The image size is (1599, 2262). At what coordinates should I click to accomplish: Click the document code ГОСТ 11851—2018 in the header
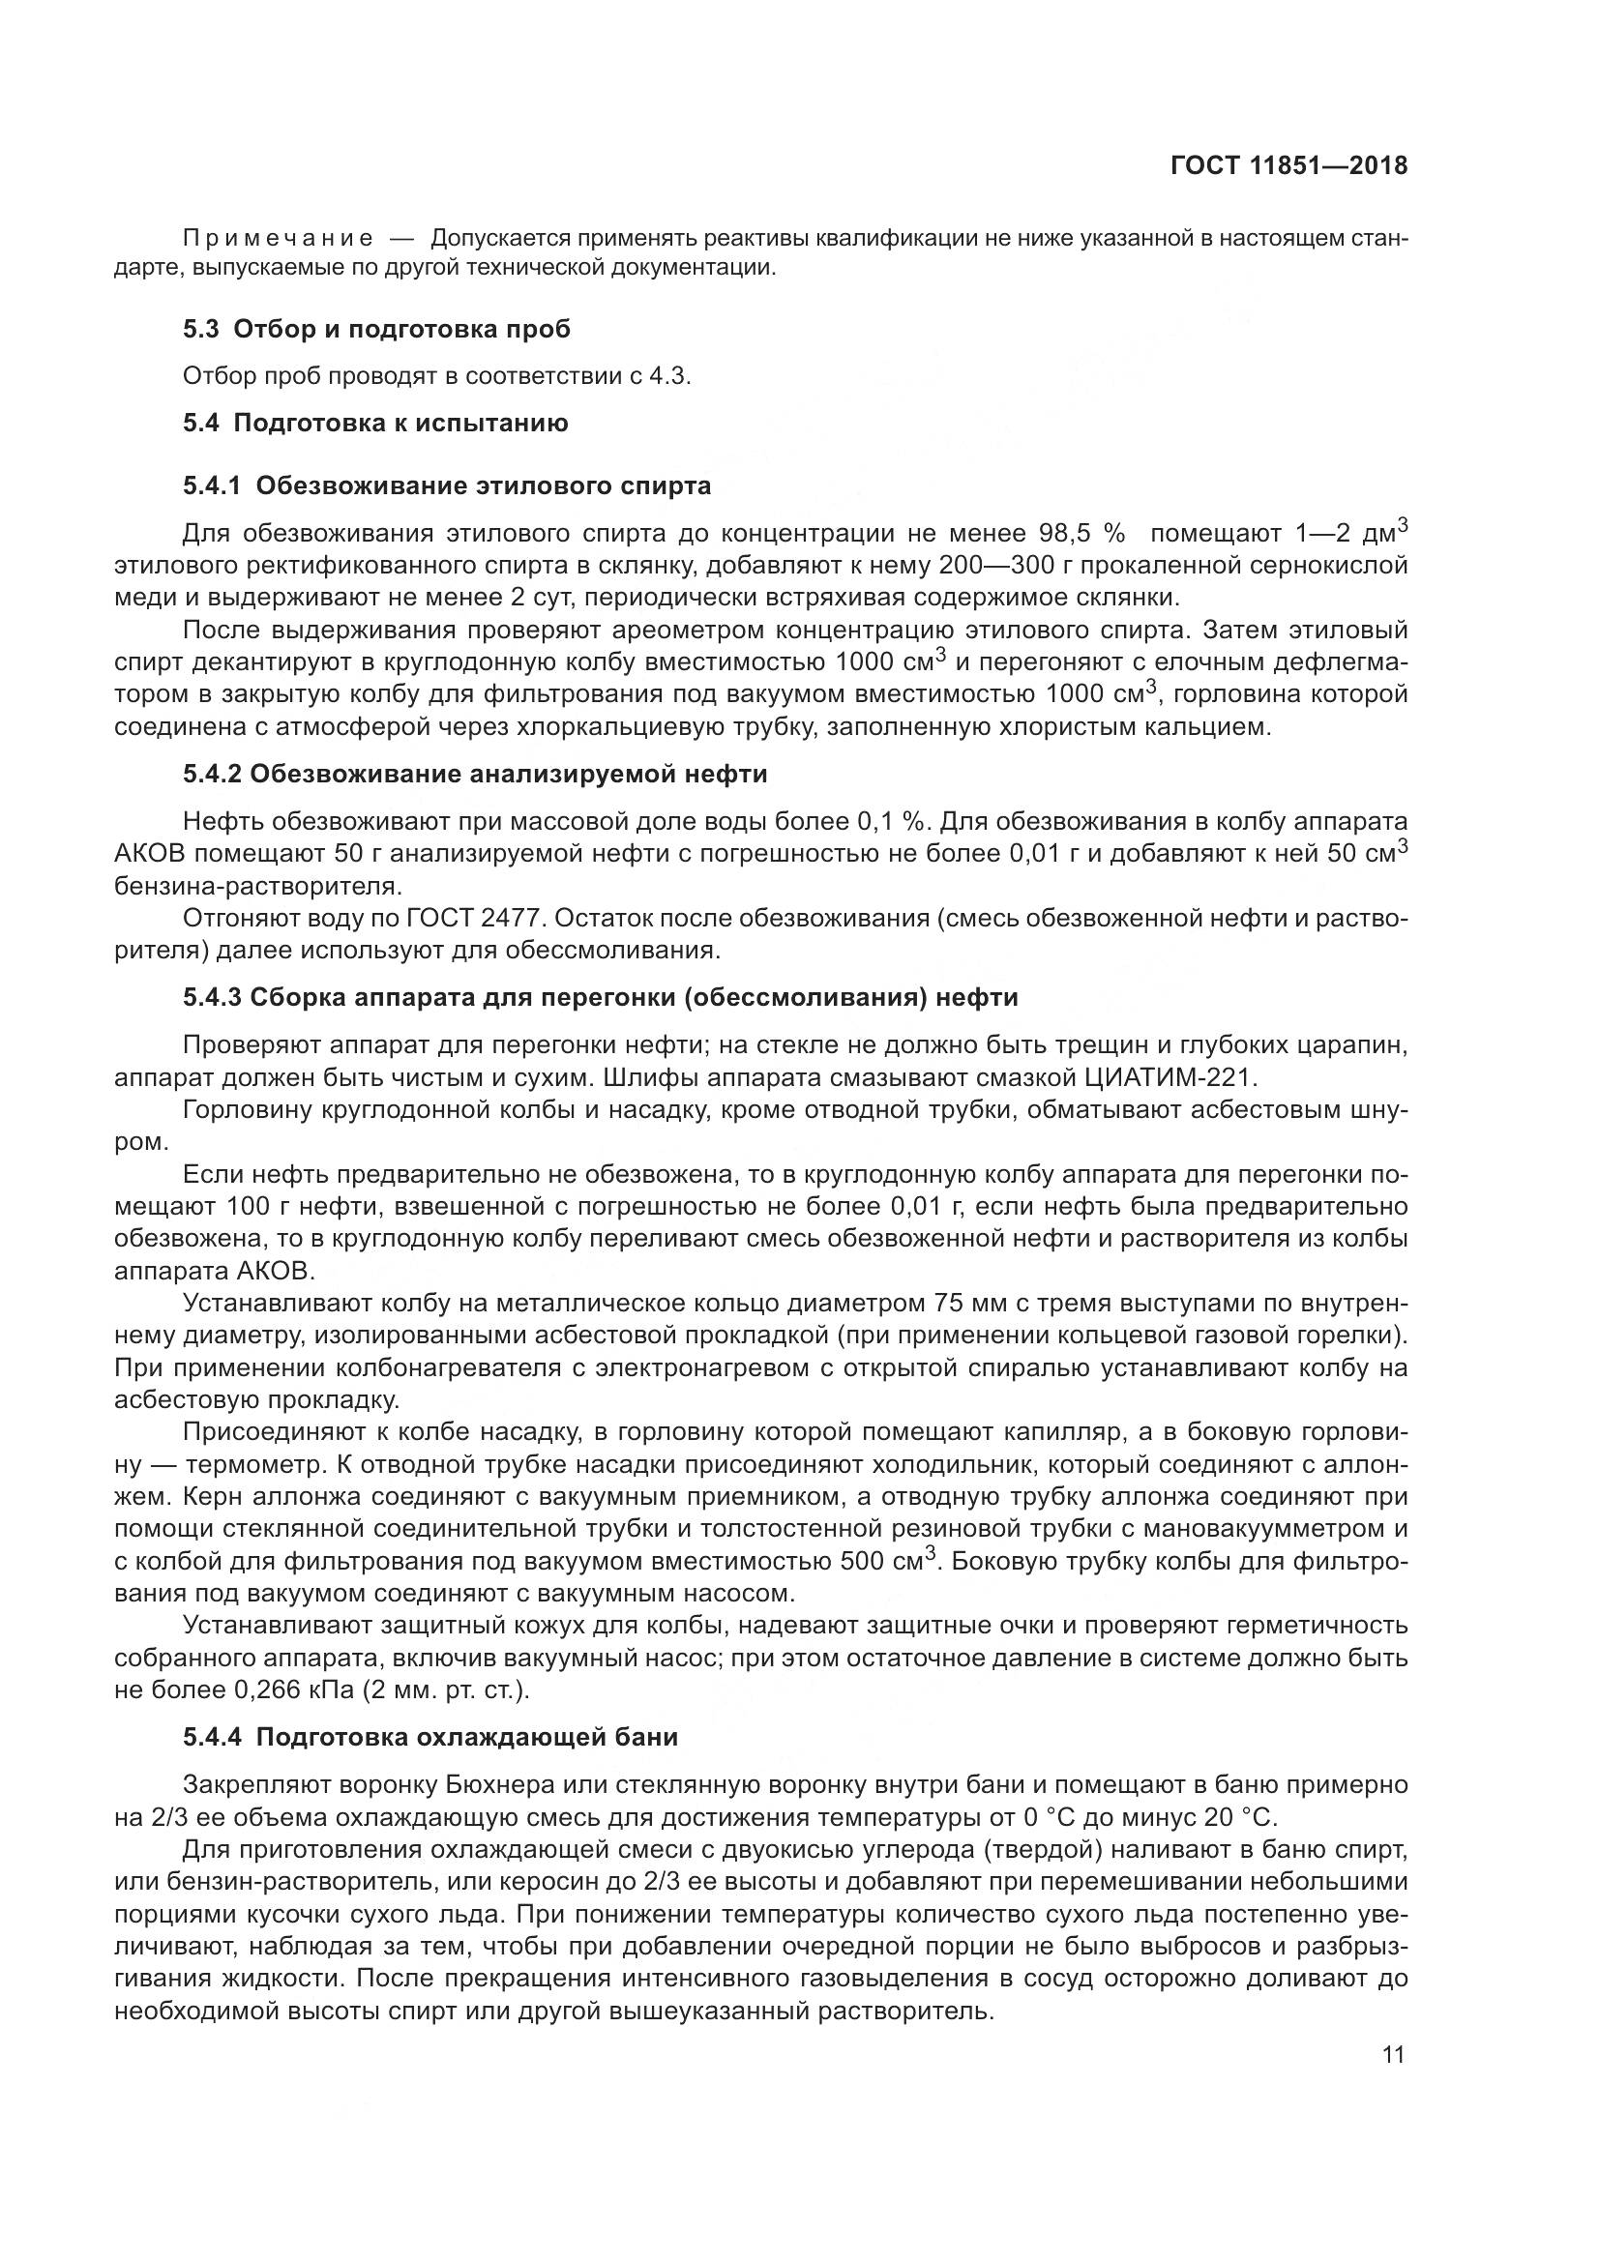tap(1288, 165)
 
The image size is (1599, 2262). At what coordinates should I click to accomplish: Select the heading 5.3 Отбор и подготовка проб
tap(376, 329)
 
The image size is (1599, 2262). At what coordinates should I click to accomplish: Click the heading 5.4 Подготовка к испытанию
tap(375, 424)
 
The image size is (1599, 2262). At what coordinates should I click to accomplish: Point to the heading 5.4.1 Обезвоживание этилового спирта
tap(446, 485)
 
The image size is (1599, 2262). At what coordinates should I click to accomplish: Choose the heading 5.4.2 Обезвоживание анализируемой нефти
tap(475, 774)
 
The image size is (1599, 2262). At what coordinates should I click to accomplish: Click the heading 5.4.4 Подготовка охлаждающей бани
tap(430, 1737)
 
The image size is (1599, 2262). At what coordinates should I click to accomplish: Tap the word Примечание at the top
tap(278, 239)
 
